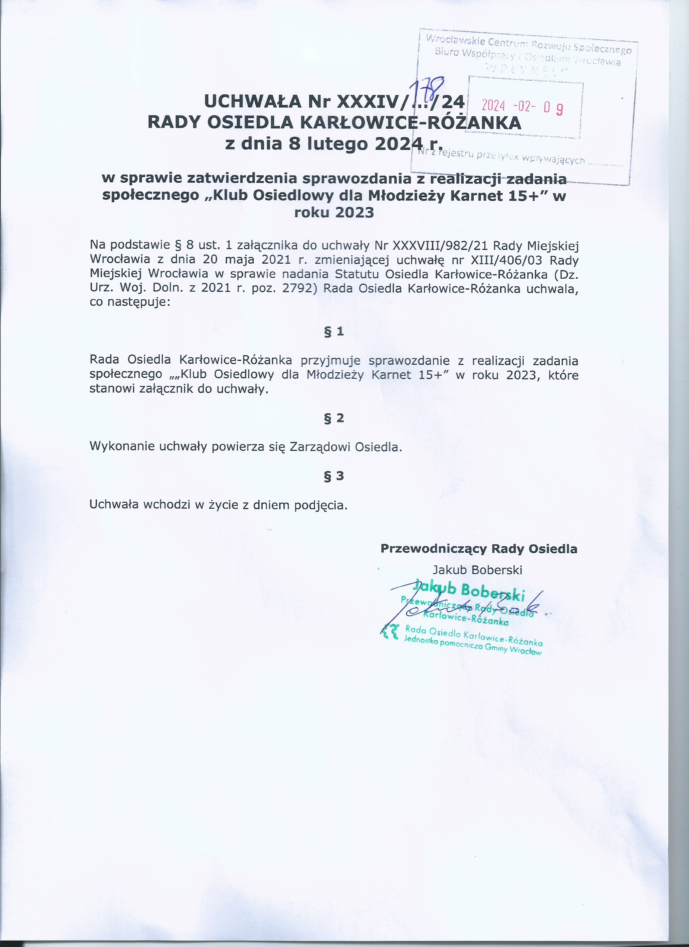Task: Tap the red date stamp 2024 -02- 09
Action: [522, 107]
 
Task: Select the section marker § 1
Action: [334, 332]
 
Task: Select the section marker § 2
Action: [334, 418]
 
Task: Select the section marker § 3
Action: [334, 476]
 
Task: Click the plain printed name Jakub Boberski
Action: [477, 570]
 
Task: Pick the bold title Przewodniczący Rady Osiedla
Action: [479, 549]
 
